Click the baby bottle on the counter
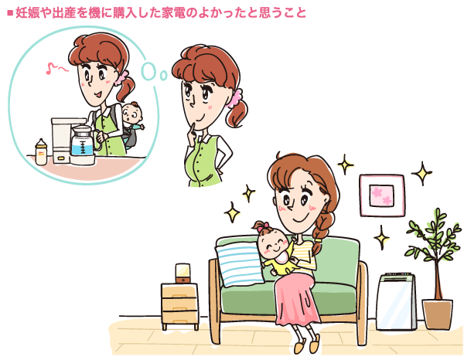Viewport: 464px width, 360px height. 41,151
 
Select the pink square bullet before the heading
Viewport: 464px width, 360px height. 9,13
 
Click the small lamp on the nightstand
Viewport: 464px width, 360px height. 183,273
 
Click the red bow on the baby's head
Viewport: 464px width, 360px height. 259,227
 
